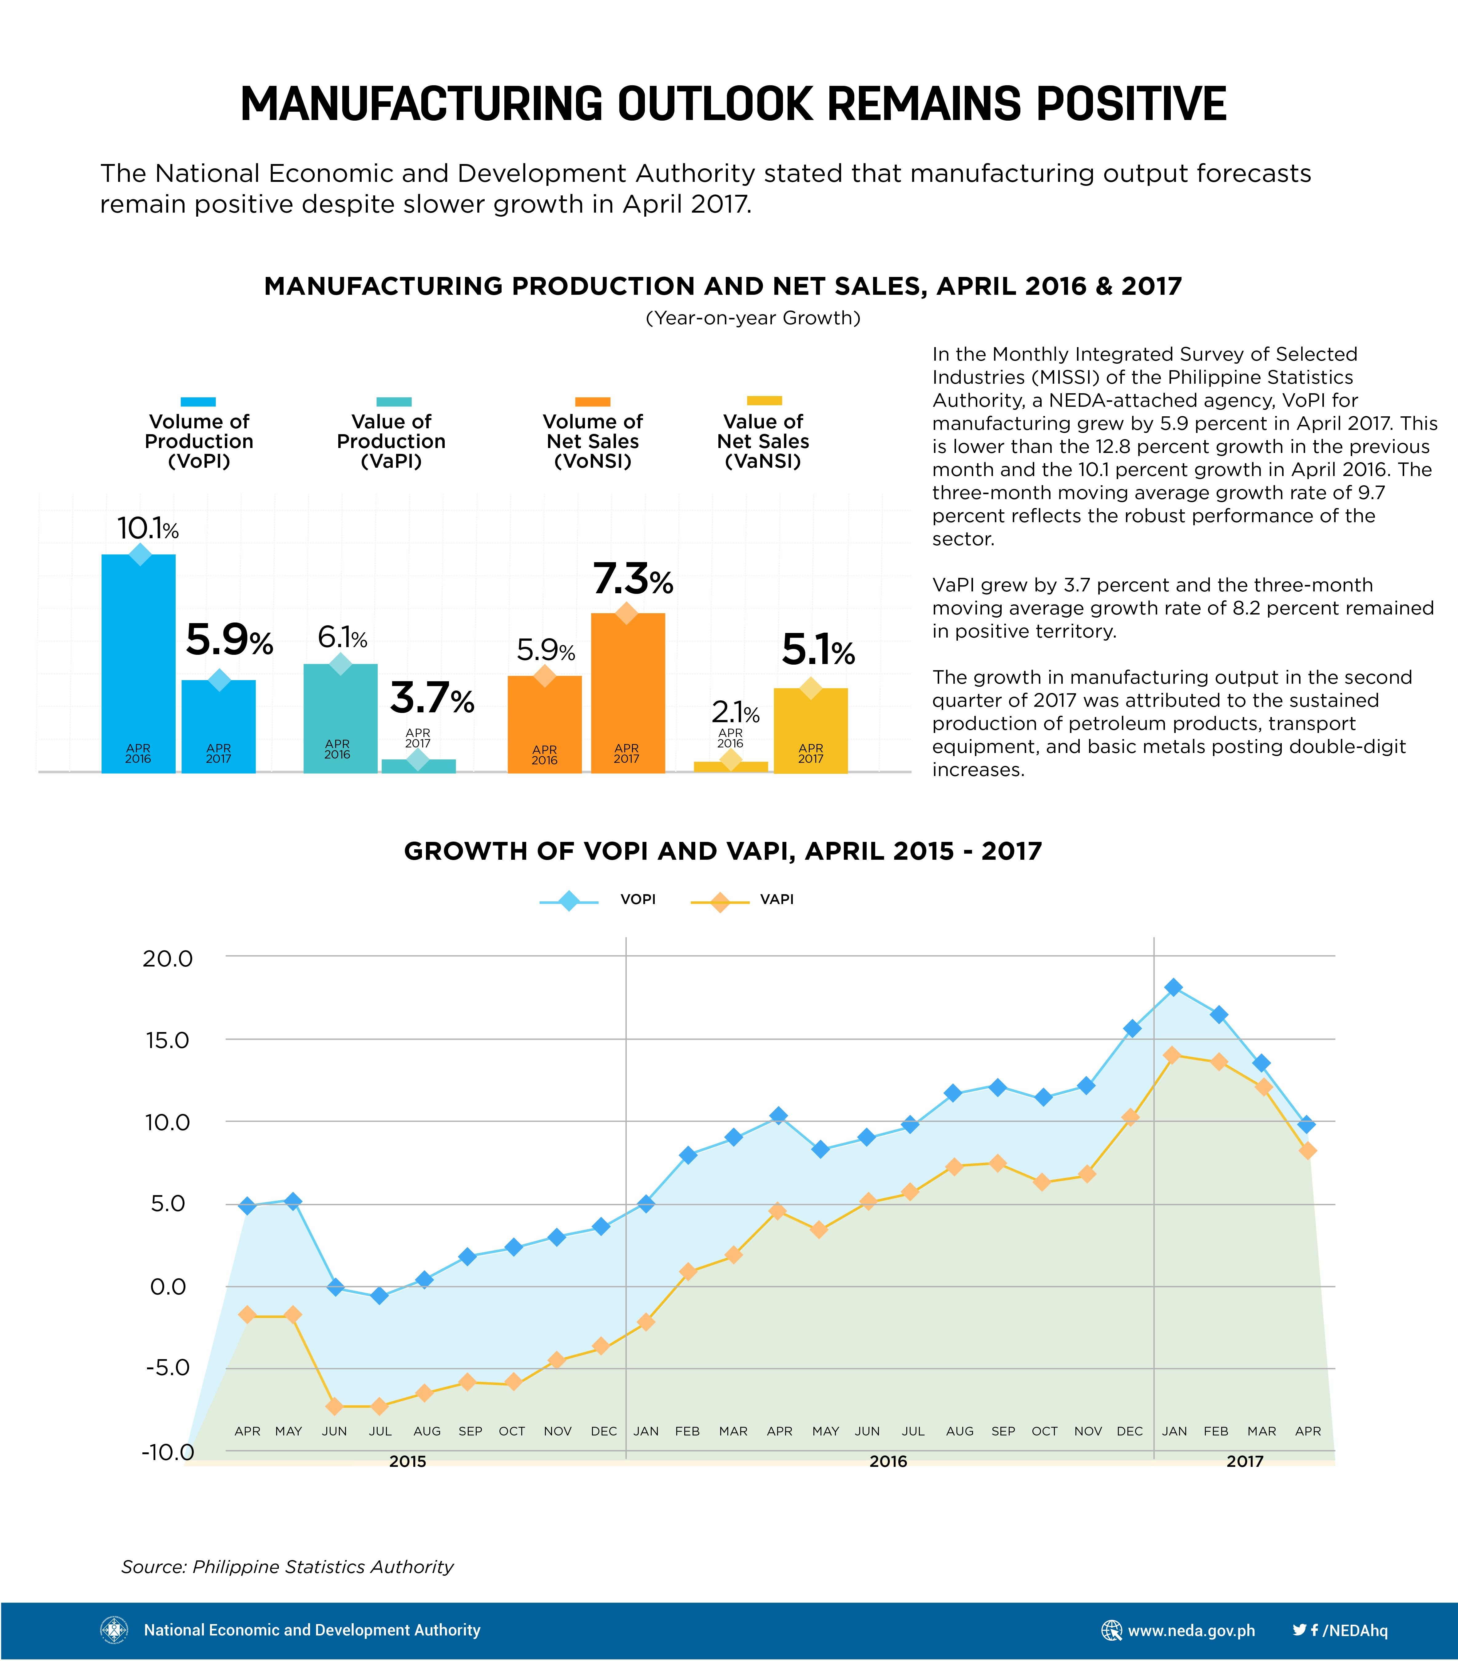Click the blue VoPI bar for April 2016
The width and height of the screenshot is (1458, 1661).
click(x=138, y=663)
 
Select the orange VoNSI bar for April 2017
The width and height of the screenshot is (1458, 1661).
click(x=628, y=692)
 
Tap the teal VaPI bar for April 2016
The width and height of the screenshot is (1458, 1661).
click(x=340, y=718)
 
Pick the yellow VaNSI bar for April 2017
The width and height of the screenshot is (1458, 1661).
click(x=811, y=730)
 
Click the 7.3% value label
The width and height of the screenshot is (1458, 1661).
click(x=633, y=579)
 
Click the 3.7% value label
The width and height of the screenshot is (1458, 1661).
click(x=432, y=698)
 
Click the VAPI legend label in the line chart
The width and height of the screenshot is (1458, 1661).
click(x=777, y=899)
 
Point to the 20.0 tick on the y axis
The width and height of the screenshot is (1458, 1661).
click(x=168, y=959)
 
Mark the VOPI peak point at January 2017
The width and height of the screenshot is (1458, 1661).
click(x=1173, y=987)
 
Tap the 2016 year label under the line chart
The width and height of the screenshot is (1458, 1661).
click(x=888, y=1461)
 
